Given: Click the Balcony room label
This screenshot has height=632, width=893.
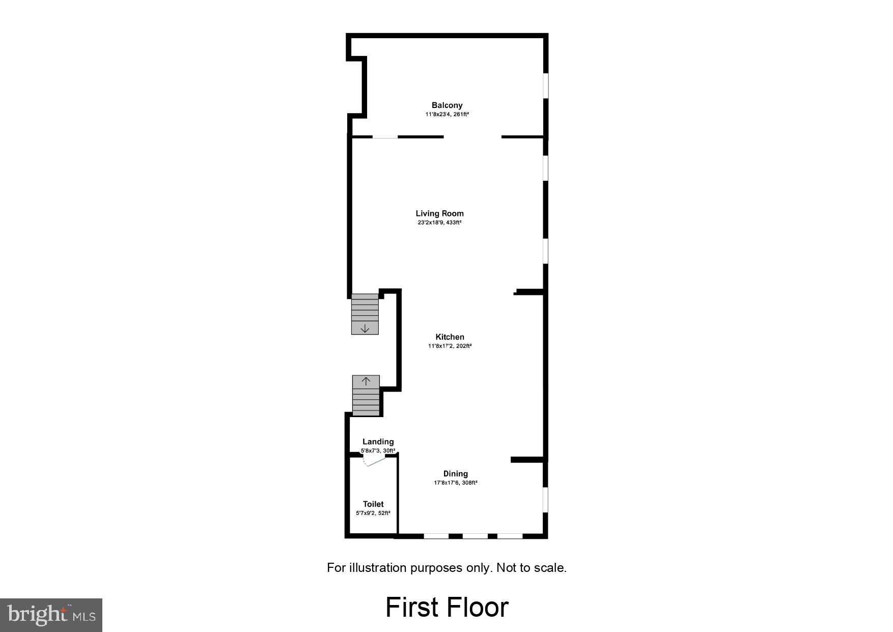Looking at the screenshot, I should (x=447, y=105).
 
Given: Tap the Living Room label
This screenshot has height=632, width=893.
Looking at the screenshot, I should (x=439, y=213).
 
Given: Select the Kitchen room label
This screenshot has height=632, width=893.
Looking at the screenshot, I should (x=450, y=337).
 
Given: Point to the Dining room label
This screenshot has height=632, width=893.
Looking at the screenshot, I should (x=455, y=474).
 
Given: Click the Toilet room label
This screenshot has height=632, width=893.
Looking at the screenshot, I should (x=373, y=504).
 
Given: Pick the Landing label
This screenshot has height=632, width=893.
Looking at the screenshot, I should (x=378, y=442).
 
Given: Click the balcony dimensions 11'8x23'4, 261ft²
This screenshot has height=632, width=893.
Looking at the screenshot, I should (x=447, y=115).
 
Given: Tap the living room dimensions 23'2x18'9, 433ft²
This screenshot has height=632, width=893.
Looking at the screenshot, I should (x=439, y=223).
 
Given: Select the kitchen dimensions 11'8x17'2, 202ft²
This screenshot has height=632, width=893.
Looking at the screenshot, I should (x=450, y=346).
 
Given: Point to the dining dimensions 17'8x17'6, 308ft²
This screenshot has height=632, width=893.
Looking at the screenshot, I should (x=455, y=483).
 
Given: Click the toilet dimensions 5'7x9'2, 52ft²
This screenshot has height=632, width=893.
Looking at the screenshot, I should (x=373, y=513).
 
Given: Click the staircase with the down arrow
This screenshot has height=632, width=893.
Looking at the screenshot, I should (x=365, y=314).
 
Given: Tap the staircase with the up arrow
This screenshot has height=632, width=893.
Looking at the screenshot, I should (x=366, y=395).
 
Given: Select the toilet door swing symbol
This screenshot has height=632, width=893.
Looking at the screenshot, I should (x=373, y=460).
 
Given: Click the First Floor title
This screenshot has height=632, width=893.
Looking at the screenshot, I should (x=446, y=607).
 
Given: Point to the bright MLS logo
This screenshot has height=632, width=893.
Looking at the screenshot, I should (x=51, y=615).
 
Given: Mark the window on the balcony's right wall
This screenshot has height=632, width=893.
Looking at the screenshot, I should (x=545, y=85).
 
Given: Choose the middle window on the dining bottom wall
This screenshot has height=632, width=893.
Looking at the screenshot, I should (x=475, y=536).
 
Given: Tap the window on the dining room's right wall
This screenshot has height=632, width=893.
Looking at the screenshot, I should (x=545, y=500).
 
